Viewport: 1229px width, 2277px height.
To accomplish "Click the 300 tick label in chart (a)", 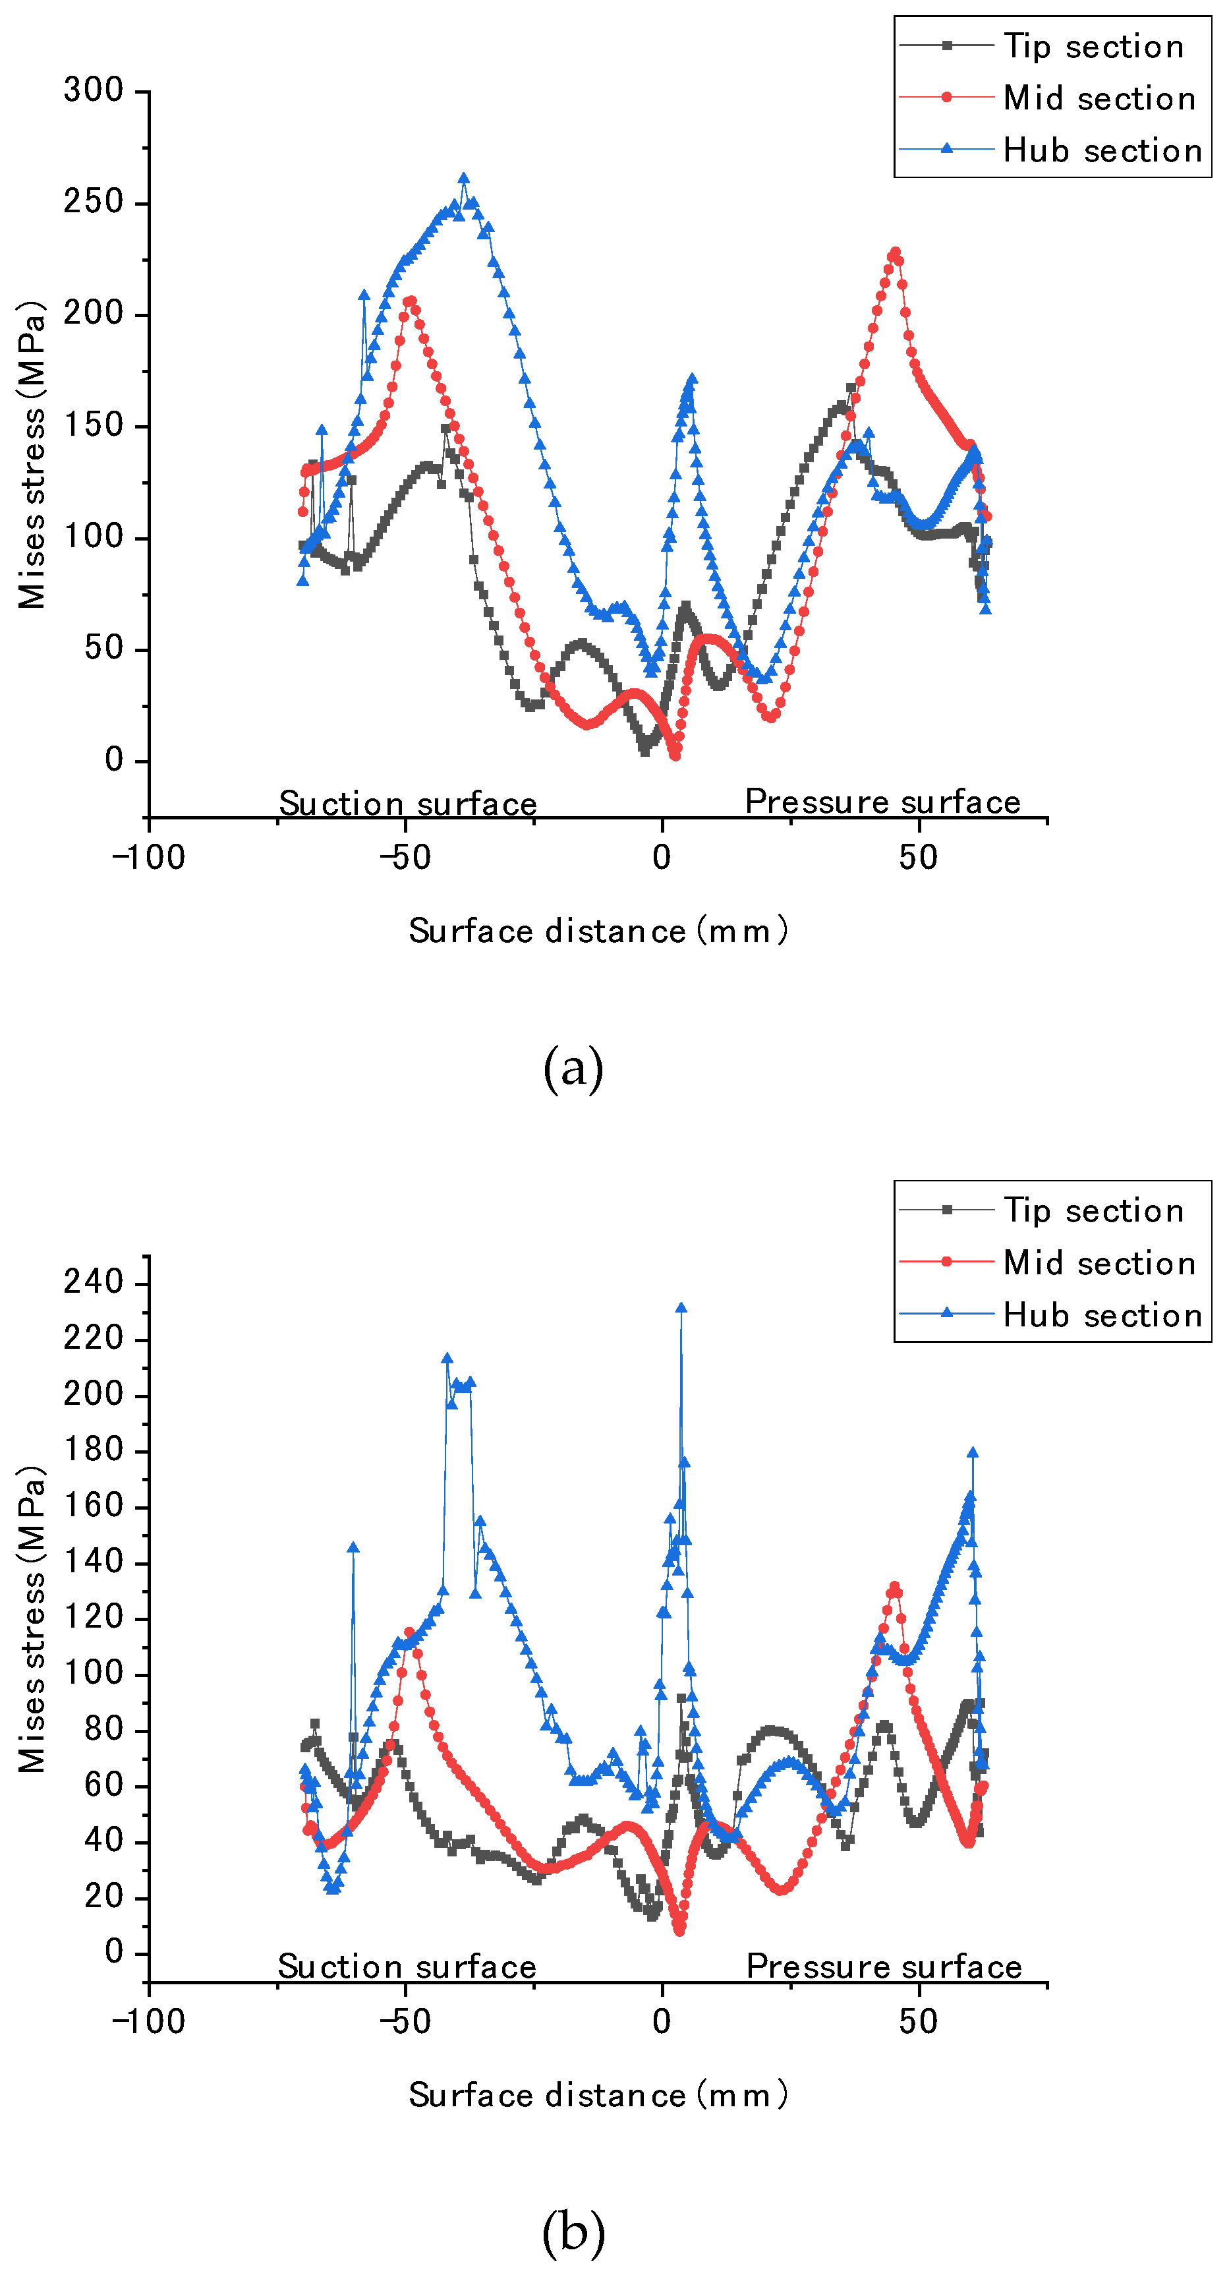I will [x=93, y=90].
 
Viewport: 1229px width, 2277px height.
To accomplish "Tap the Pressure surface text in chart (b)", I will [x=884, y=1966].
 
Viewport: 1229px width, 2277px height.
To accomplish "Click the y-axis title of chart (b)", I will [x=32, y=1618].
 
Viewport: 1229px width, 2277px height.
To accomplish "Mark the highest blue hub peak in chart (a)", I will [x=464, y=179].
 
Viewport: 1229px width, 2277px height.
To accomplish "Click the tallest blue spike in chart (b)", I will [x=680, y=1308].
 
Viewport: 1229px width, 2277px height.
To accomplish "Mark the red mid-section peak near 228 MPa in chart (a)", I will [x=895, y=252].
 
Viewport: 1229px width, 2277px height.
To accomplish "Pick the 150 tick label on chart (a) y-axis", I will [x=93, y=425].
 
